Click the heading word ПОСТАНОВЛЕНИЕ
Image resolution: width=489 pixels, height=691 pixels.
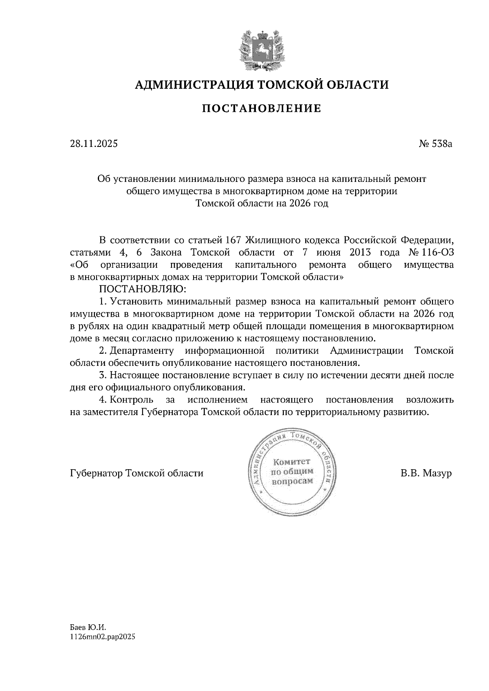point(262,109)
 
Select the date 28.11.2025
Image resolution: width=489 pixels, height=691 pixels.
point(94,144)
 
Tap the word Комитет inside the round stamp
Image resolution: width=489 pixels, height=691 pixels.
point(292,462)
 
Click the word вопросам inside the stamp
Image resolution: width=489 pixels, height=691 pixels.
point(292,481)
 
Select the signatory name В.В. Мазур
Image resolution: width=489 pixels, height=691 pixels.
point(426,473)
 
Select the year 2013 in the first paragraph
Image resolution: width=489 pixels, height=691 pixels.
point(360,252)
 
